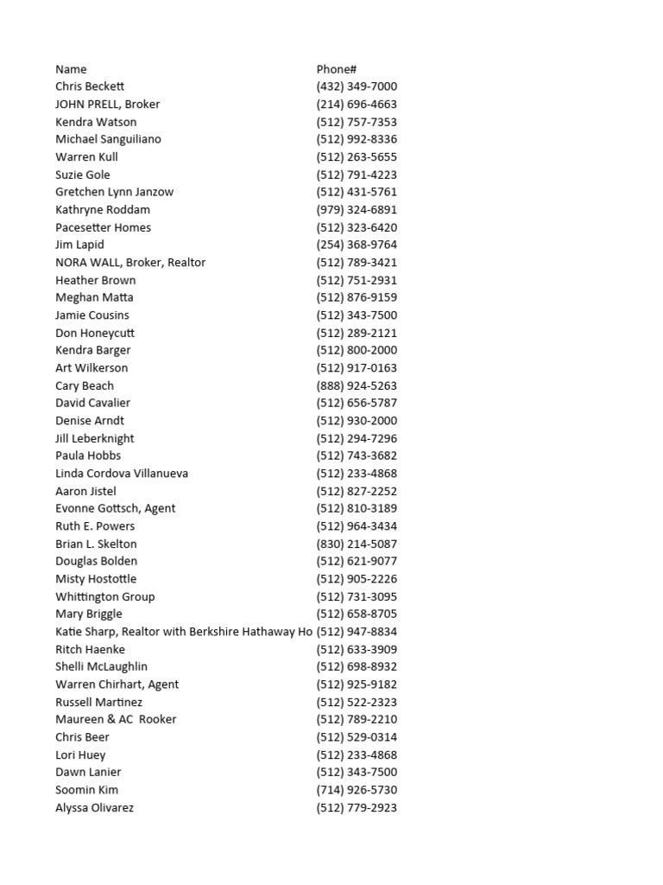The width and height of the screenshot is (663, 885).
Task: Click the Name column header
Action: [x=71, y=69]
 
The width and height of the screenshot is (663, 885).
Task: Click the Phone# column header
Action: [x=337, y=69]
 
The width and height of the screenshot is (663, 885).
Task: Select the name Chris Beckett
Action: [x=90, y=86]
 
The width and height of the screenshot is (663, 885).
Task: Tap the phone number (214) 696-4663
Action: [x=357, y=105]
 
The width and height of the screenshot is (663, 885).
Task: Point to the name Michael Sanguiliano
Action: [x=108, y=139]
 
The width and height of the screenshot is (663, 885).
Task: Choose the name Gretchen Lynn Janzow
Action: [x=115, y=192]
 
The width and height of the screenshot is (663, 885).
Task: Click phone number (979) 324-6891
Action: [x=357, y=209]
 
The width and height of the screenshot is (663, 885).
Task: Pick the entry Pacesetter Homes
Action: [x=103, y=227]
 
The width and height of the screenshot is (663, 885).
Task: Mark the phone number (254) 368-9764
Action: [x=357, y=245]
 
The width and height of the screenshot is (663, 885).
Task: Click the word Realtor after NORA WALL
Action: [x=187, y=263]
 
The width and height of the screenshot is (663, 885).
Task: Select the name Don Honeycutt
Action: [x=95, y=333]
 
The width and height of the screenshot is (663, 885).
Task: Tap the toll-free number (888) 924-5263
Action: [x=357, y=385]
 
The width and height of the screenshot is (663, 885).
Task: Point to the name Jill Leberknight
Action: [x=95, y=438]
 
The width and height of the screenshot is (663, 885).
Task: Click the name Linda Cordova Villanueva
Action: [x=122, y=474]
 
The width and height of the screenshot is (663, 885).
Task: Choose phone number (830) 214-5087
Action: [x=357, y=544]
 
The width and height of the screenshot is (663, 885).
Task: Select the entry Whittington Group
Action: [x=105, y=596]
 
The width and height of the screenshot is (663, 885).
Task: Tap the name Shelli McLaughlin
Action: [x=101, y=666]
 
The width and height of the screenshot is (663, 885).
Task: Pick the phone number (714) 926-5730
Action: [x=357, y=790]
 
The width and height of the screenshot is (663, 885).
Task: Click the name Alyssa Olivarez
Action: [x=94, y=807]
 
